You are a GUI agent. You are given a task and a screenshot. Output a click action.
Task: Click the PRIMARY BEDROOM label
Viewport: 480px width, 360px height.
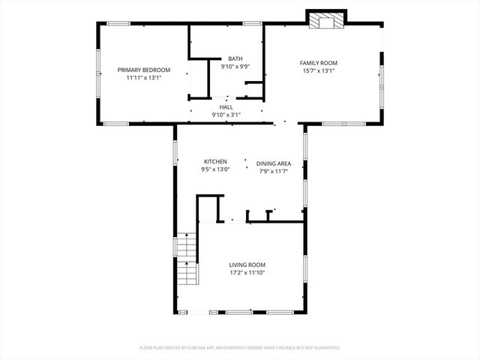(143, 70)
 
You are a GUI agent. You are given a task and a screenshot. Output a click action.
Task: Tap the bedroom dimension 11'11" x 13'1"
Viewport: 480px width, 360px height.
(143, 77)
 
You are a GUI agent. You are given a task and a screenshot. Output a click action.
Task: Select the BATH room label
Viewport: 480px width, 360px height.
(235, 58)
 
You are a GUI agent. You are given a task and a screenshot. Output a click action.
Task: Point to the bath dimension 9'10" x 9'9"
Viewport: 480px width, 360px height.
(235, 66)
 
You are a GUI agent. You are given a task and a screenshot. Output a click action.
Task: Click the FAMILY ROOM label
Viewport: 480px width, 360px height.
(319, 63)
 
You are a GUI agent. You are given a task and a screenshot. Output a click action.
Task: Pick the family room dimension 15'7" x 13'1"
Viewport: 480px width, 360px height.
(319, 70)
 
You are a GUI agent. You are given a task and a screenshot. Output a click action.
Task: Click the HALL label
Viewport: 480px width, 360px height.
(226, 107)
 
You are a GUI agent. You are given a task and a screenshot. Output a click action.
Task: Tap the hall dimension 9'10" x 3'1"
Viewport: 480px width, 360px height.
(226, 115)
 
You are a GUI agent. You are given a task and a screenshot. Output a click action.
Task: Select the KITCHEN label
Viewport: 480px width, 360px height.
(215, 162)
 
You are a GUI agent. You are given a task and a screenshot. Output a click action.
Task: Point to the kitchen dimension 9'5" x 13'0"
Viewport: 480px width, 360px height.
(215, 169)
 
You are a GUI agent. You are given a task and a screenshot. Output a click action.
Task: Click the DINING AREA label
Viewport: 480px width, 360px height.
(274, 163)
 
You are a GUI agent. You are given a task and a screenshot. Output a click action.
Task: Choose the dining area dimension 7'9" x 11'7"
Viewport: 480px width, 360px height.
(274, 171)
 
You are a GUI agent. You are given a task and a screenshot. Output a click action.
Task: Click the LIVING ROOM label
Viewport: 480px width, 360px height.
(247, 265)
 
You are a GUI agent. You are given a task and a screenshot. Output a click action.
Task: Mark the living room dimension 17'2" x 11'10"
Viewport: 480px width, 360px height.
(247, 272)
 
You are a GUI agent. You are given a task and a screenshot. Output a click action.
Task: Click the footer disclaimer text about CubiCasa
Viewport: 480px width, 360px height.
(240, 348)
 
